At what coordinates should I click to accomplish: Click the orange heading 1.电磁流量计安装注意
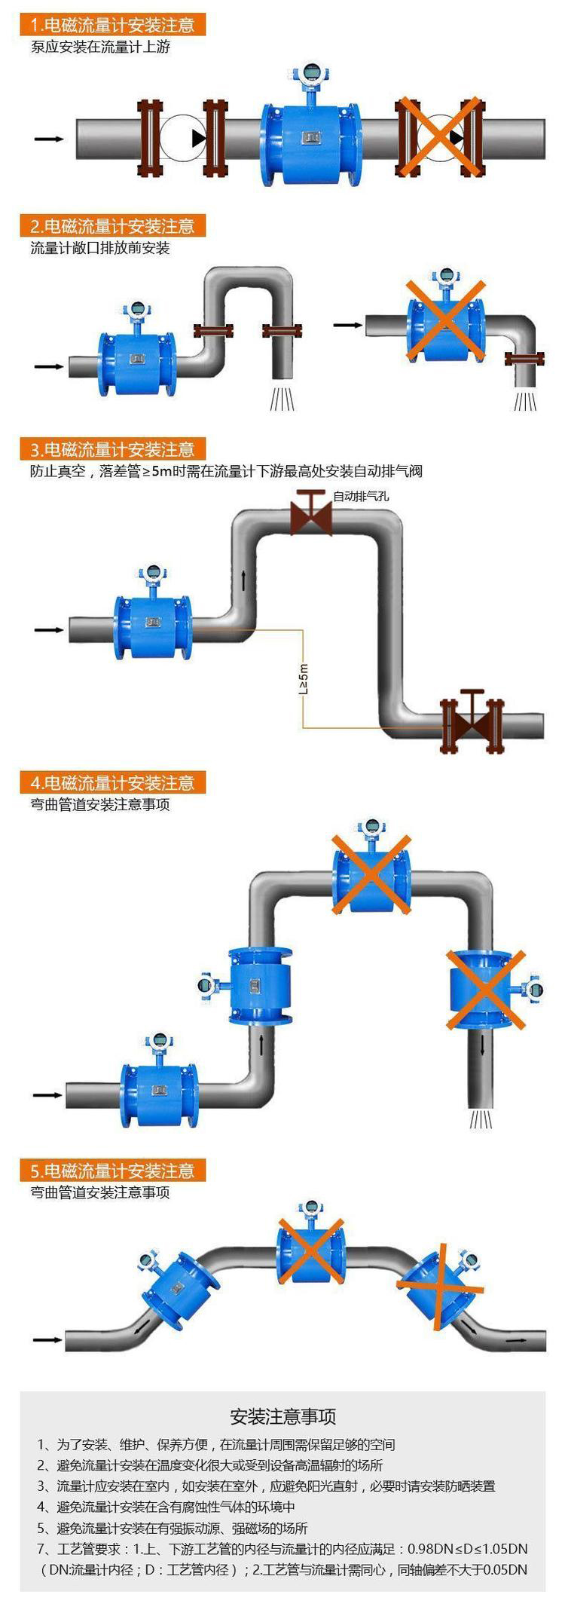tap(113, 25)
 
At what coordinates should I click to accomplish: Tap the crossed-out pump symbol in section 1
tap(438, 137)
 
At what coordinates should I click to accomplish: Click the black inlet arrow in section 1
tap(50, 139)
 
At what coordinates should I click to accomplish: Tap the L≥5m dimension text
tap(304, 678)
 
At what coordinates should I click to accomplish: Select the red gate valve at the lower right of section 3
tap(472, 722)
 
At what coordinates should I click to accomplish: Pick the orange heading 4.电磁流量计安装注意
tap(113, 782)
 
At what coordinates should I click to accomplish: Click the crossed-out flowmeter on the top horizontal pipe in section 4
tap(371, 874)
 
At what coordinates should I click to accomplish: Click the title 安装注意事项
tap(282, 1416)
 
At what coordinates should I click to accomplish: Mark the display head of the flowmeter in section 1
tap(309, 75)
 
